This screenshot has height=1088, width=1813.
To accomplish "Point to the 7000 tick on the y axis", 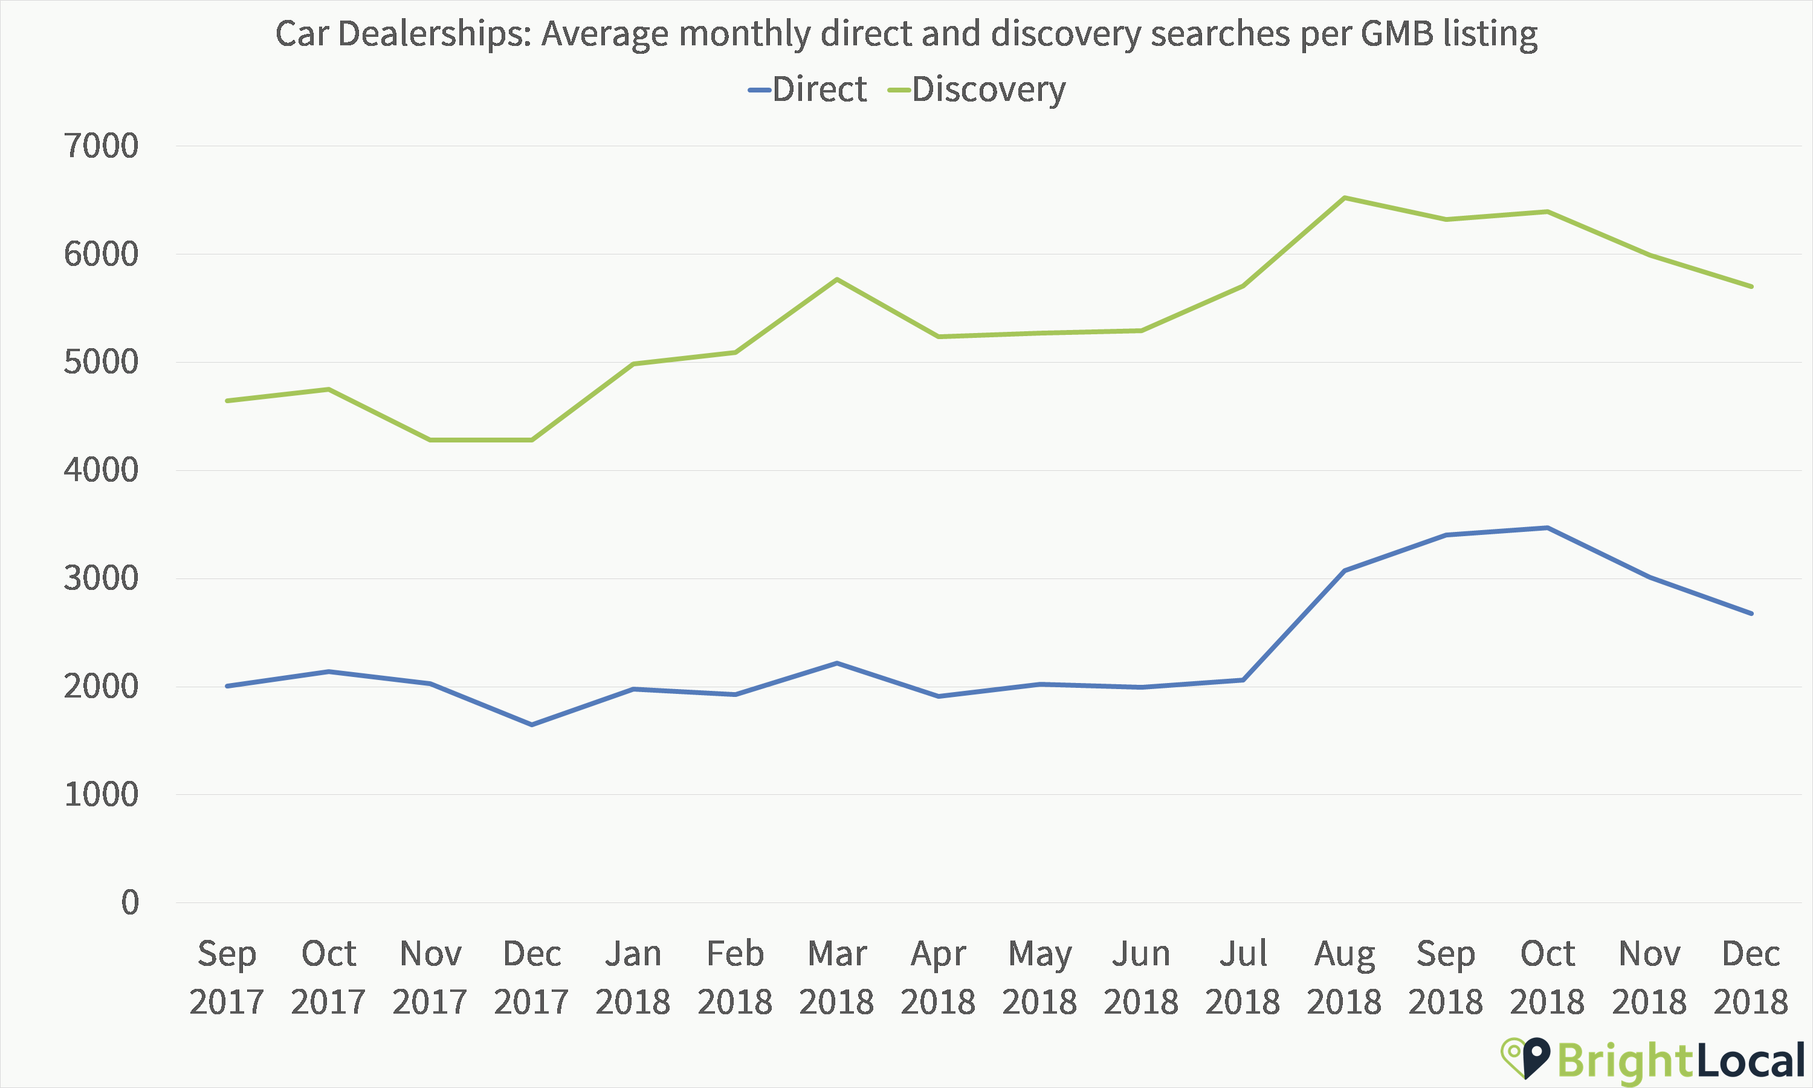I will (101, 146).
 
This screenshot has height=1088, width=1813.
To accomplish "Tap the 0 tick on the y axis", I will (130, 902).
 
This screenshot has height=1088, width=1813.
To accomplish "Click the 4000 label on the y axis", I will (101, 470).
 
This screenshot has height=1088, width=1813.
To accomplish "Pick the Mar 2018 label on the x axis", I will (836, 977).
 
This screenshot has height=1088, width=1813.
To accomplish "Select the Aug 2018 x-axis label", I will (1344, 977).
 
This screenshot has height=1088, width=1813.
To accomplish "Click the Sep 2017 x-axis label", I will (227, 977).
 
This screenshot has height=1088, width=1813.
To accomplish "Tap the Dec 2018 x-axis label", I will (1750, 977).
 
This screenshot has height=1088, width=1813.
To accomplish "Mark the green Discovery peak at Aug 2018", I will (1345, 198).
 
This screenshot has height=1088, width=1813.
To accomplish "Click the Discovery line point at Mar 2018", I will (836, 279).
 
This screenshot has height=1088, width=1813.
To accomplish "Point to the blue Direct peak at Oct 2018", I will (1547, 528).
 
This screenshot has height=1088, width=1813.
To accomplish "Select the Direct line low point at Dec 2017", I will (532, 724).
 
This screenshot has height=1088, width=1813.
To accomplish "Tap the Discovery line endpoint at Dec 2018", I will (1751, 286).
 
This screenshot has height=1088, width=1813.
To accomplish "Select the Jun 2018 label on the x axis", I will (1141, 977).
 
